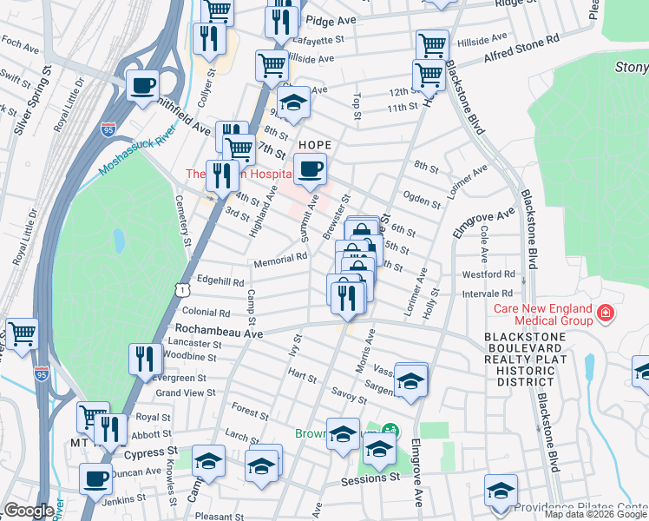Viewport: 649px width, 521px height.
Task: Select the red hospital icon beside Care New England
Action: [x=605, y=312]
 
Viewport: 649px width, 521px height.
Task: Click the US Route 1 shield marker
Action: [x=180, y=286]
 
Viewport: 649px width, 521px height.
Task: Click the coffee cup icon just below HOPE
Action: [x=310, y=170]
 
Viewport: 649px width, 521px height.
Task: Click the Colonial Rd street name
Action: [x=206, y=311]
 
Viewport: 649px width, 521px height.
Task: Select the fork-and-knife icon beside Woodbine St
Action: [x=146, y=359]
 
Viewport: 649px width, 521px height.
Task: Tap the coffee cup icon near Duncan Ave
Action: [x=95, y=478]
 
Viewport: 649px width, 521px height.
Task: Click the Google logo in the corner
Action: [x=29, y=511]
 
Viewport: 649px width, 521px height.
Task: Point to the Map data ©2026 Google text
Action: [x=595, y=514]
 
